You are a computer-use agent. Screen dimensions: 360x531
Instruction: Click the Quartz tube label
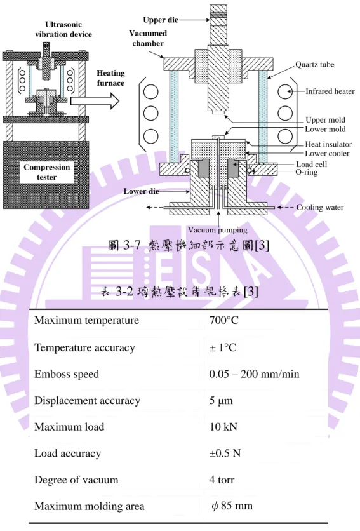click(x=315, y=64)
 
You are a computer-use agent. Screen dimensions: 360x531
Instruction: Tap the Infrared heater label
click(x=330, y=91)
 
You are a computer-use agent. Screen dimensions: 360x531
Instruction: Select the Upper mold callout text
click(x=325, y=120)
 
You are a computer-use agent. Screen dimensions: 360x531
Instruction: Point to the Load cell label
click(x=311, y=165)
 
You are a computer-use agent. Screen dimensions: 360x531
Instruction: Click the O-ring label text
click(x=307, y=172)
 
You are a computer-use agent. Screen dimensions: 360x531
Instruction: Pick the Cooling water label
click(x=320, y=207)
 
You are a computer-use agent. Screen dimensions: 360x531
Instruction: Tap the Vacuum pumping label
click(x=217, y=230)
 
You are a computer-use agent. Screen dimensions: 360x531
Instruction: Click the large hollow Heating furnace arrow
click(x=95, y=100)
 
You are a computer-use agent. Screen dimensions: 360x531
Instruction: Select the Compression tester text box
click(x=47, y=172)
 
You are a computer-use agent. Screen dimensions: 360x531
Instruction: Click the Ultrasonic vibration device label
click(x=63, y=29)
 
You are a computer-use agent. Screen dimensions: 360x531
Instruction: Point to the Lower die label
click(x=141, y=191)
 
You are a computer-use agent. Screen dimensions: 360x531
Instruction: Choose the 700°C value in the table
click(x=223, y=320)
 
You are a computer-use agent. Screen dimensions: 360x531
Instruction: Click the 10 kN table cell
click(x=223, y=427)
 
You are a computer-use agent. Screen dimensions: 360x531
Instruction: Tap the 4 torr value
click(x=222, y=480)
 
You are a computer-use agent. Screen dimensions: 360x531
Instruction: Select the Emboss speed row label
click(x=67, y=374)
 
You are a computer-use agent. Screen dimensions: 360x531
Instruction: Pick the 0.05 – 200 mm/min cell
click(x=254, y=374)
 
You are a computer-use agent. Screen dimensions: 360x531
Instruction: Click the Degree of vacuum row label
click(x=76, y=480)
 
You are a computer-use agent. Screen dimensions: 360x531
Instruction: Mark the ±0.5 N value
click(x=225, y=453)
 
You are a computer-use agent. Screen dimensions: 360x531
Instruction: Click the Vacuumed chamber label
click(x=148, y=38)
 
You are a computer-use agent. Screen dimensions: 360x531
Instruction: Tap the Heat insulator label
click(x=328, y=144)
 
